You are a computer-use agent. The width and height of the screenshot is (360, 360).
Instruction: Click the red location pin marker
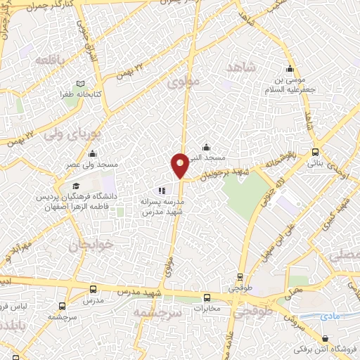point(180,165)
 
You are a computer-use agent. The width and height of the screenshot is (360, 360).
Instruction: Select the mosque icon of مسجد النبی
point(205,147)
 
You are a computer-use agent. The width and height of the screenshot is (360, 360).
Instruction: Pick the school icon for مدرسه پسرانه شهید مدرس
point(162,191)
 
